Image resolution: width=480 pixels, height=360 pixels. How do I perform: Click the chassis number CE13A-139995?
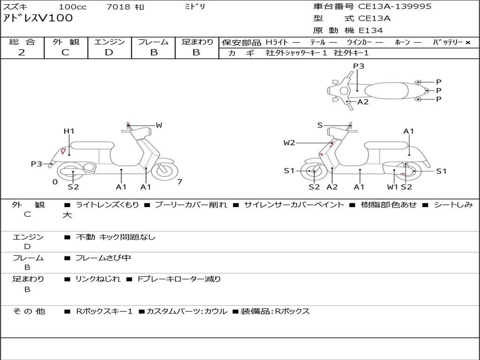point(395,7)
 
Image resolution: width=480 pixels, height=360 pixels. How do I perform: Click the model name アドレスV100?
point(38,18)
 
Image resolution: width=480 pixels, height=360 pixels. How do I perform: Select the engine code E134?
point(371,30)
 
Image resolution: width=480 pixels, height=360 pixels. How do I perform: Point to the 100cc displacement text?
point(69,7)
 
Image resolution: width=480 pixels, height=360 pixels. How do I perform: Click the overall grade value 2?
point(22,52)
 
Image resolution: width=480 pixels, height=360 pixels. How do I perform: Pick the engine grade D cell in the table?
point(109,52)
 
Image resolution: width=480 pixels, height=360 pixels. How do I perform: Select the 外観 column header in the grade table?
point(66,42)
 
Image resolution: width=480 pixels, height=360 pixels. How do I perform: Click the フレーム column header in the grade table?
point(153,42)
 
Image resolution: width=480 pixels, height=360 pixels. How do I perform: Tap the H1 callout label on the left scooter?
point(69,131)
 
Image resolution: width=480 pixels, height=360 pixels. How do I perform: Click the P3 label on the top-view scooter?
point(359,66)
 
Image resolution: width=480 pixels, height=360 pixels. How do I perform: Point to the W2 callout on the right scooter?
point(289,143)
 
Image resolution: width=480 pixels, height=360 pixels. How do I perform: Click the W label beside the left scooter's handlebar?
point(159,125)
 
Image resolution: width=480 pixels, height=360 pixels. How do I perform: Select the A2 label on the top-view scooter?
point(363,102)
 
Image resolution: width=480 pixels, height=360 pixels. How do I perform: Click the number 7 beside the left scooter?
point(180,182)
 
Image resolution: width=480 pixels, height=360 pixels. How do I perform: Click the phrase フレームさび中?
point(103,258)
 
